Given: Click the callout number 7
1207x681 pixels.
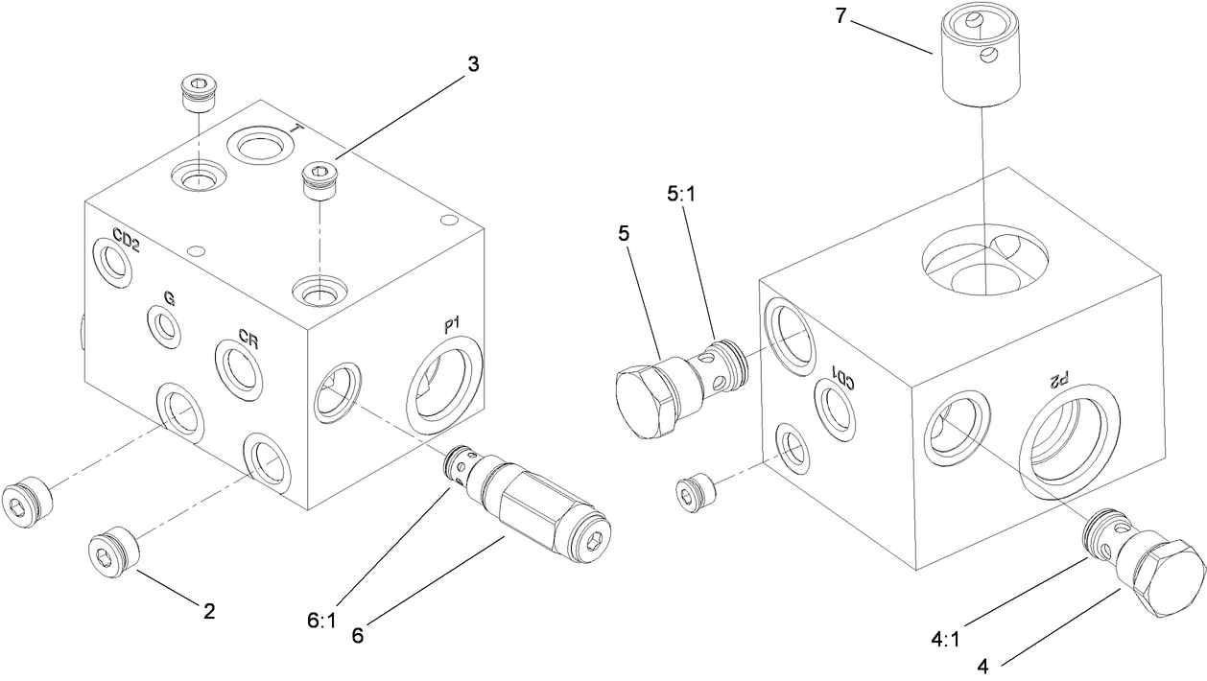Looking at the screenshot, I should (840, 19).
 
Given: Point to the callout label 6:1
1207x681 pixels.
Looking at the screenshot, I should (322, 621).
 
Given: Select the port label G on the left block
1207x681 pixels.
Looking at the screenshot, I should (168, 298).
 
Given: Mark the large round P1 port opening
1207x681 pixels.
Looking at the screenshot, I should (444, 385).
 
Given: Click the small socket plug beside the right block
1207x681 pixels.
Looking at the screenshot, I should (697, 490).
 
